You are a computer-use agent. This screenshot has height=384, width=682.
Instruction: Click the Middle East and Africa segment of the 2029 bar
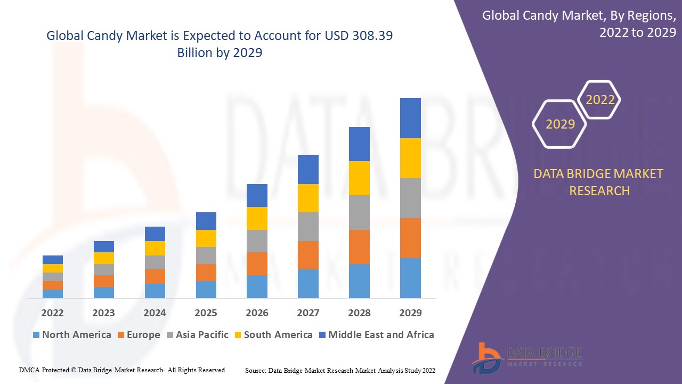[x=410, y=118]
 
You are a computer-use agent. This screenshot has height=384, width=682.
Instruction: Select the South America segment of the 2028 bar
[x=359, y=178]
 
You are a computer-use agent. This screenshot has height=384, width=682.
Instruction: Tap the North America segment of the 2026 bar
[x=257, y=286]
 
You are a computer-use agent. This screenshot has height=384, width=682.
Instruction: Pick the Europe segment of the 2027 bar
[x=308, y=255]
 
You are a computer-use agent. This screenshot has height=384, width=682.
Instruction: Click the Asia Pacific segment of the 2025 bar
[x=206, y=255]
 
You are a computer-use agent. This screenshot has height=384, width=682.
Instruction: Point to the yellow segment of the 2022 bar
[x=53, y=268]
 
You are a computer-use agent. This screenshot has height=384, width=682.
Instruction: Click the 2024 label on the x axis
[x=155, y=313]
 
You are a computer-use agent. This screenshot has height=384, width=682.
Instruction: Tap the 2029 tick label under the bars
[x=410, y=313]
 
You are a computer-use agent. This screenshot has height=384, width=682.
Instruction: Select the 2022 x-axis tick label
[x=53, y=313]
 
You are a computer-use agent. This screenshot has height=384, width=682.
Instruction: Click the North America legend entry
[x=72, y=335]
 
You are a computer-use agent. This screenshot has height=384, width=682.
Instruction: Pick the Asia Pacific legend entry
[x=197, y=335]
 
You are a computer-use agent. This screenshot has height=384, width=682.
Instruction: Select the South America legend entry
[x=273, y=335]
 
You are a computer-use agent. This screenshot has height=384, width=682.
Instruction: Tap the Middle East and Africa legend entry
[x=376, y=335]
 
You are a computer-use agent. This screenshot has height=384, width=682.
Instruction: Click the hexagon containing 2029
[x=560, y=124]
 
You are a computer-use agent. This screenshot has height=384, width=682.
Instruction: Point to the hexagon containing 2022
[x=600, y=100]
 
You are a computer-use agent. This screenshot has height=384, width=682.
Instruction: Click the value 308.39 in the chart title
[x=375, y=36]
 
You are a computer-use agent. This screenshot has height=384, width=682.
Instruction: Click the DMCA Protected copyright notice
[x=123, y=370]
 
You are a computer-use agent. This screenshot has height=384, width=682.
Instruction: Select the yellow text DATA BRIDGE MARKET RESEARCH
[x=599, y=182]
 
